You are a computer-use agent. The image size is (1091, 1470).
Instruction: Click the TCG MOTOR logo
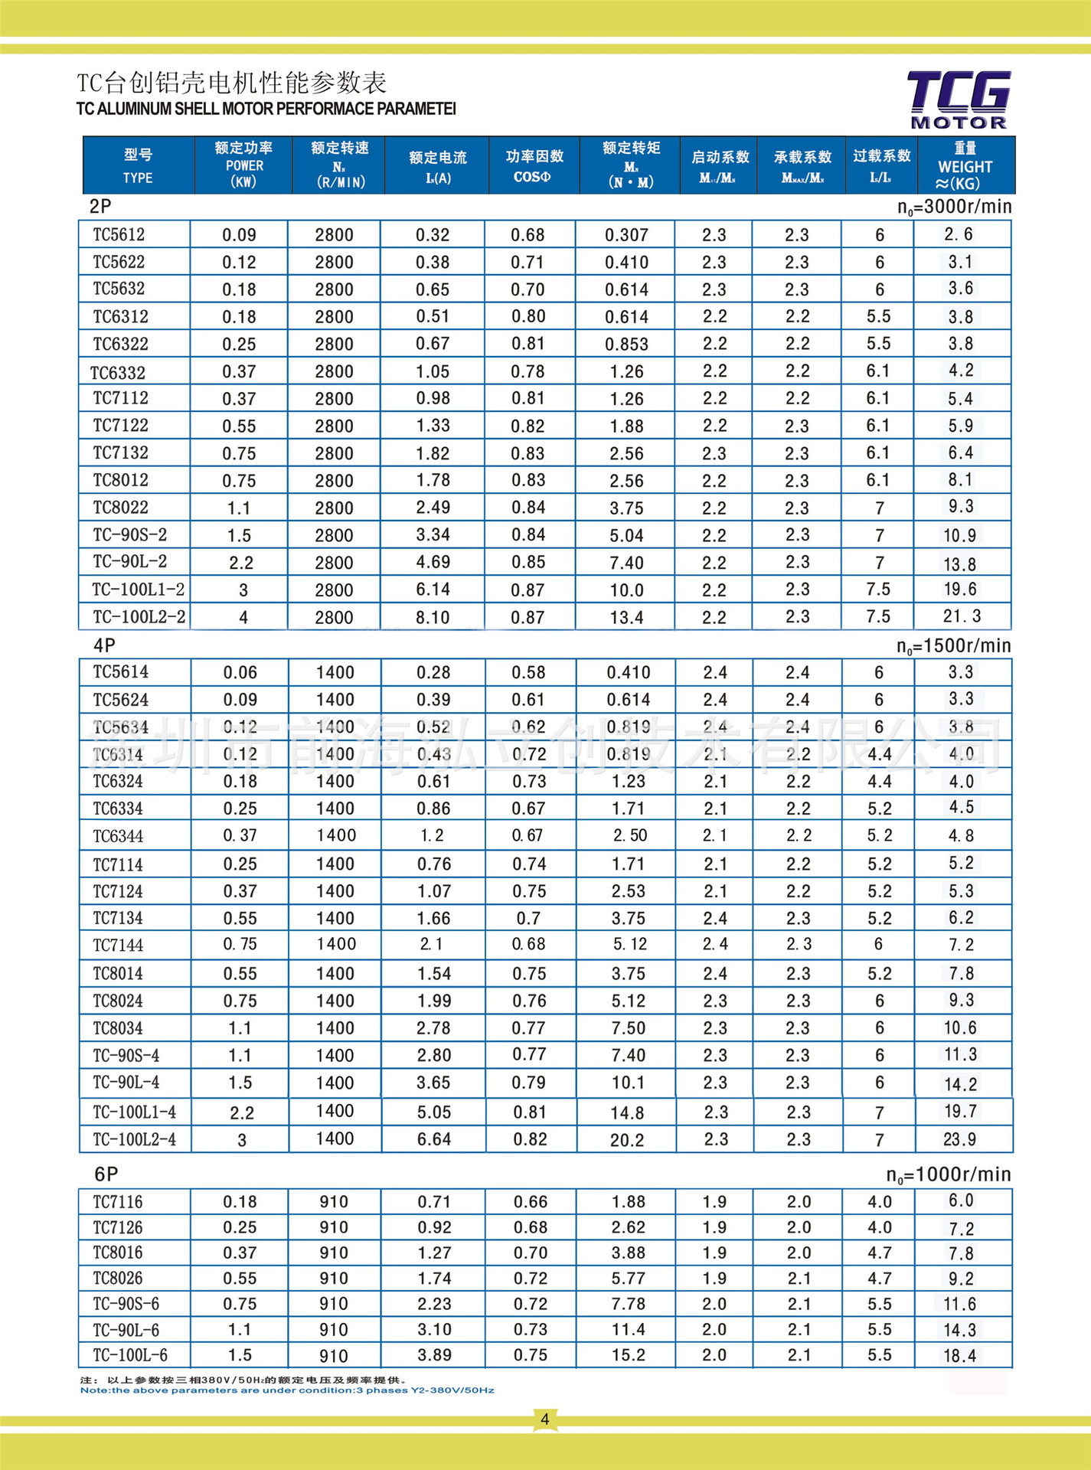point(959,100)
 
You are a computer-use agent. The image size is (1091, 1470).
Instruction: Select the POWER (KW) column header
point(243,165)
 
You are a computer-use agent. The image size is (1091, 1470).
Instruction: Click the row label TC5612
point(119,234)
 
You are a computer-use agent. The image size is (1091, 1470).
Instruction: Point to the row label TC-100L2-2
point(139,616)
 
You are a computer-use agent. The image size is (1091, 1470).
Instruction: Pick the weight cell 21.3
point(962,616)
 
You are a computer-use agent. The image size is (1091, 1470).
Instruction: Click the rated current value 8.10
point(433,617)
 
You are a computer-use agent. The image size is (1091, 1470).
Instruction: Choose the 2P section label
point(100,207)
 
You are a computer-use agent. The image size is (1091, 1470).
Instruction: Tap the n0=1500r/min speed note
point(953,646)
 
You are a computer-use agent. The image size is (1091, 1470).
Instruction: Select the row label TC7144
point(118,946)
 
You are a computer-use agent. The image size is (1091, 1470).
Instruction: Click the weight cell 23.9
point(959,1139)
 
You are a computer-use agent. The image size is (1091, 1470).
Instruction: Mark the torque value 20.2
point(626,1140)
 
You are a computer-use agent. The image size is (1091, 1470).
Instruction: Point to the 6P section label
point(106,1174)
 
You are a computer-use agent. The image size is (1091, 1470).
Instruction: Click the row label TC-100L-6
point(130,1355)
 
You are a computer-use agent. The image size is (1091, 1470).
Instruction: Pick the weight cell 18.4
point(959,1356)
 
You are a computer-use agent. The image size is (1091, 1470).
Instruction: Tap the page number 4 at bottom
point(544,1419)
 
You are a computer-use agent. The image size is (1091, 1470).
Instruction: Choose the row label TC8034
point(118,1028)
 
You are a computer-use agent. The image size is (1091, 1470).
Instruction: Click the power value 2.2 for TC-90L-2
point(240,563)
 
